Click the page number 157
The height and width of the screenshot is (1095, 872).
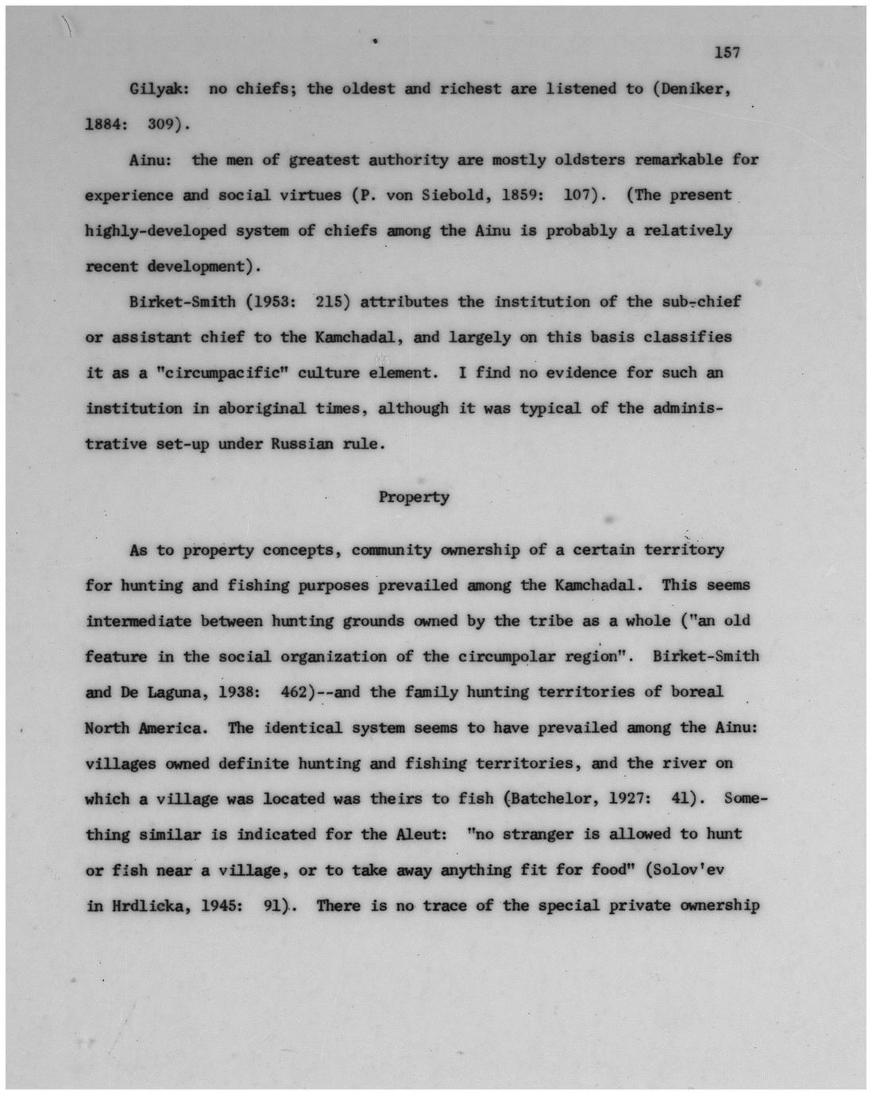(727, 53)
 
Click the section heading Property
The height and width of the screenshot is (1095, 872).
(414, 498)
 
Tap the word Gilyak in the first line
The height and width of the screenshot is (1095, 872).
(156, 89)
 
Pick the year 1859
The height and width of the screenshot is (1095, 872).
(523, 195)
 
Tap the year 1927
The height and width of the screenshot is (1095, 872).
(633, 800)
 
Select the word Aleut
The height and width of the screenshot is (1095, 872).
(413, 835)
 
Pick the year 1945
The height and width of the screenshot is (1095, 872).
(218, 906)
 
